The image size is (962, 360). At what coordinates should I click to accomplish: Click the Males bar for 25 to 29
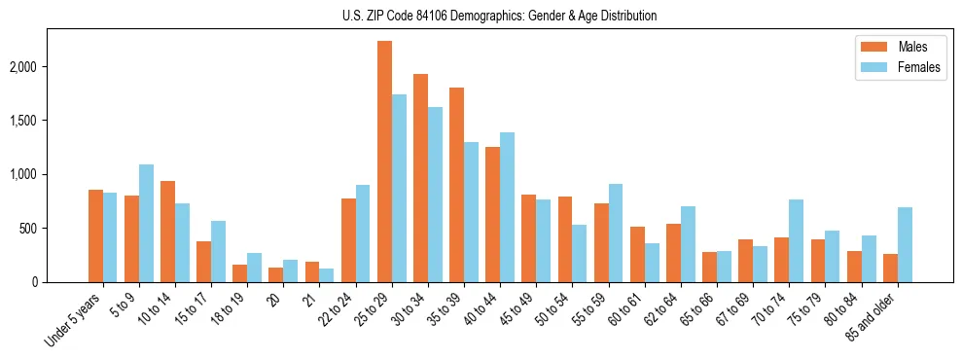pos(384,162)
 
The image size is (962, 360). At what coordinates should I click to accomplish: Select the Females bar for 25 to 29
pos(399,188)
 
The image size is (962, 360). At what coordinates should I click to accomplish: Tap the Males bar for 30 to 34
pos(420,178)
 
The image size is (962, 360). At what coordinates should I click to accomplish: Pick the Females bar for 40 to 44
pos(508,207)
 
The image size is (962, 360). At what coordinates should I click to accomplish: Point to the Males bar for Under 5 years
pos(95,235)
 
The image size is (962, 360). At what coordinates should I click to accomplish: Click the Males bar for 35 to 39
pos(456,185)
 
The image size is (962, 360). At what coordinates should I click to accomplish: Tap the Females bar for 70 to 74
pos(797,240)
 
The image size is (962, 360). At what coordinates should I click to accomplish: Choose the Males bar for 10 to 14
pos(167,232)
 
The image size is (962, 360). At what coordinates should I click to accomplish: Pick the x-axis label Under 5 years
pos(74,319)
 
